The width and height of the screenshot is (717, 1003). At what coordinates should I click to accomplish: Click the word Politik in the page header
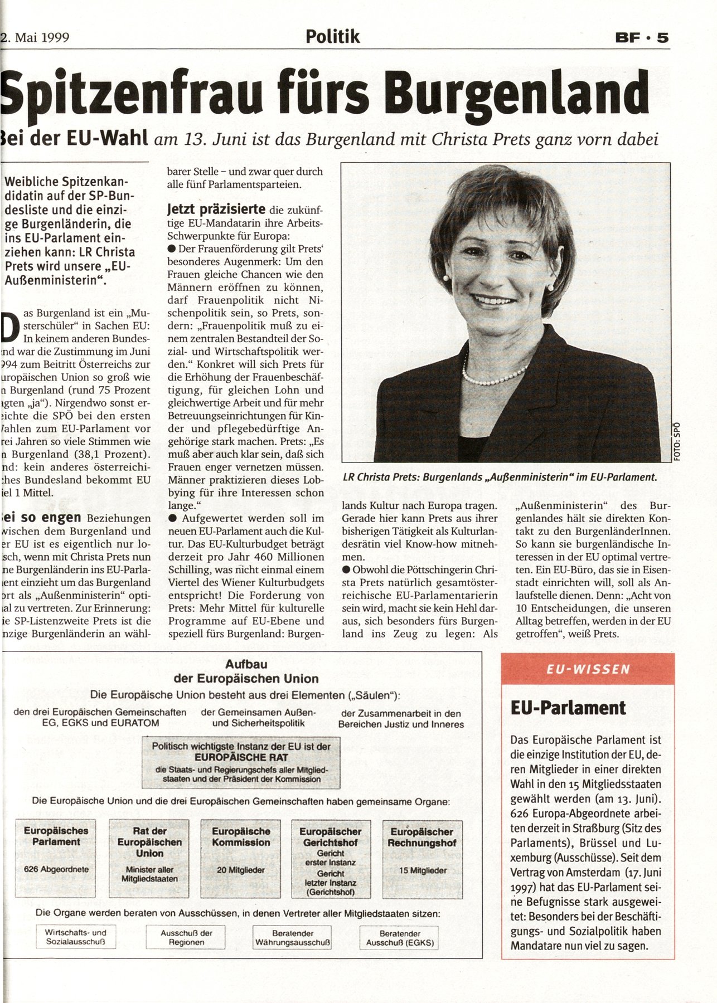[333, 37]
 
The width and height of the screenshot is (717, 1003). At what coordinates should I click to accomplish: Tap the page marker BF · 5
[641, 38]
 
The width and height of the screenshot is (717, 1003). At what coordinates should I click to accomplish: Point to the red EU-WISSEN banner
[588, 669]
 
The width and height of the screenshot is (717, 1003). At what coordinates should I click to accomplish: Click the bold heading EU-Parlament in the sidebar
[568, 708]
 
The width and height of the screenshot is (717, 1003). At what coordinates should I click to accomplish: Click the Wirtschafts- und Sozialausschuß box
[75, 937]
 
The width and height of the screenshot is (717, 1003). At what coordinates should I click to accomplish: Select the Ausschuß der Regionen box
[186, 937]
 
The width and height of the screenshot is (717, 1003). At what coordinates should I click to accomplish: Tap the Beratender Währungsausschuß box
[292, 937]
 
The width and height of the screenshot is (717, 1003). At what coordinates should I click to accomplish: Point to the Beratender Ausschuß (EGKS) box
[399, 937]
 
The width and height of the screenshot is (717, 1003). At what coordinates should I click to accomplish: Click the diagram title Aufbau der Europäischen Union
[246, 671]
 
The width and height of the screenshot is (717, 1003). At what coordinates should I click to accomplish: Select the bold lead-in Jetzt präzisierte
[216, 210]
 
